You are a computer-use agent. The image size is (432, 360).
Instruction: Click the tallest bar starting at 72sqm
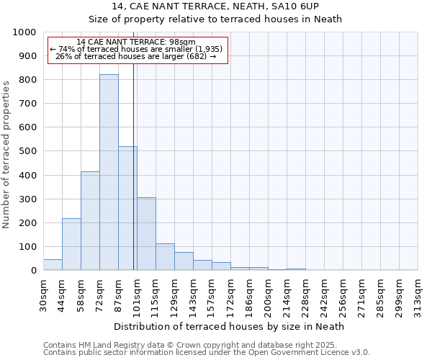point(109,172)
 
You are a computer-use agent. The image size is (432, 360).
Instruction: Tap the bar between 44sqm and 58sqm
point(71,244)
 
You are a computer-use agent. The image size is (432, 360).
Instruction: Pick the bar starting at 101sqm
point(146,233)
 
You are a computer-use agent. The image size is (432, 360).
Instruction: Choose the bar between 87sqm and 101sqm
point(127,208)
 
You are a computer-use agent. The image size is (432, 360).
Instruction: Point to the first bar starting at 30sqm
point(53,264)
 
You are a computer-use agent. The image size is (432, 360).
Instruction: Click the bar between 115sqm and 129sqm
point(165,257)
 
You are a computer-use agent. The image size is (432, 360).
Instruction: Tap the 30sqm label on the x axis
point(44,294)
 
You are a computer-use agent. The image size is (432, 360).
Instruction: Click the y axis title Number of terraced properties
point(7,154)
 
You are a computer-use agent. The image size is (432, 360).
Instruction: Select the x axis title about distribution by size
point(230,326)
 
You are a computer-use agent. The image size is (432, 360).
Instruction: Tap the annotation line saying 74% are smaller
point(136,49)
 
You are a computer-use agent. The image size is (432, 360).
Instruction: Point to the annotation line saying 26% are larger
point(136,56)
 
